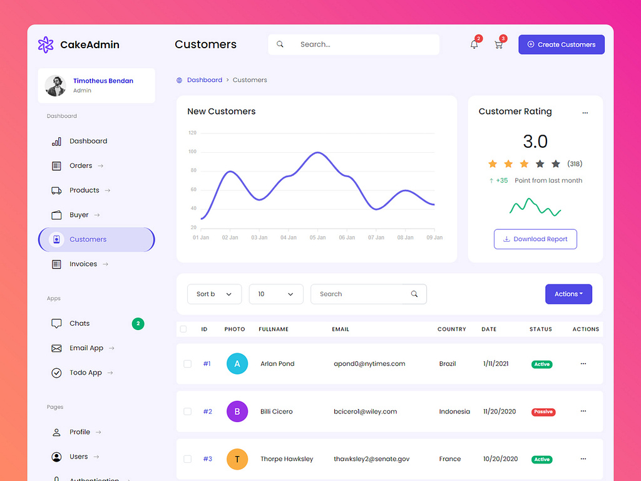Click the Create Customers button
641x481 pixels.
(x=561, y=44)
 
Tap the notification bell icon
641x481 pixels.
(x=474, y=44)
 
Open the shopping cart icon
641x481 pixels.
(x=498, y=44)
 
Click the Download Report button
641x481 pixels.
(x=535, y=239)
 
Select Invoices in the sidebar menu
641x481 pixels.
(x=83, y=264)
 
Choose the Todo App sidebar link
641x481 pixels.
(x=85, y=373)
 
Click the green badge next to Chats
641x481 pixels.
(x=138, y=324)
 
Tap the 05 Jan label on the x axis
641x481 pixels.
(x=317, y=238)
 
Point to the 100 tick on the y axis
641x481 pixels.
(x=192, y=152)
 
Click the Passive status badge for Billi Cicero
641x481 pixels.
(x=543, y=412)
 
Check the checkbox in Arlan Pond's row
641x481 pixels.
(x=187, y=364)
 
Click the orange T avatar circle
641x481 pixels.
(x=237, y=459)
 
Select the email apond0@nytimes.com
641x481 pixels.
(x=369, y=364)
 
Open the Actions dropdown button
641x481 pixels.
(x=568, y=294)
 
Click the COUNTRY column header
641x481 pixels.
(x=451, y=329)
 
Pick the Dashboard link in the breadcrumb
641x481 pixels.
(x=204, y=80)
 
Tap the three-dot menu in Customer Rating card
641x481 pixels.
(x=585, y=113)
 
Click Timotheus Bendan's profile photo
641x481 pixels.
(x=56, y=86)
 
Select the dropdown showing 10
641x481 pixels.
(x=276, y=294)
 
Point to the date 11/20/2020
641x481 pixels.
(x=500, y=411)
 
